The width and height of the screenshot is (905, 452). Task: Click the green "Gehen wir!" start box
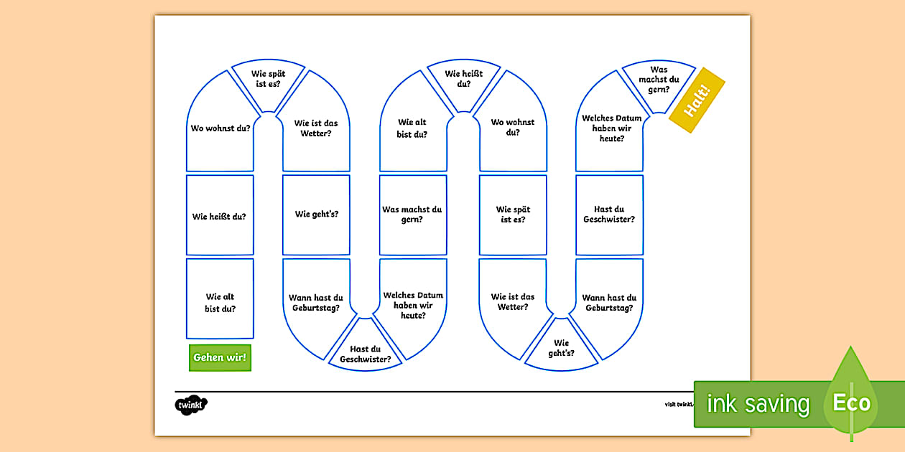coord(220,357)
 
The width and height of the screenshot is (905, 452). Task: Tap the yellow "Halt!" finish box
coord(696,100)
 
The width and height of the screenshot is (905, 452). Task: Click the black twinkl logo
coord(190,405)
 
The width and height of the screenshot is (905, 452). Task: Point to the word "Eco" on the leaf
coord(851,402)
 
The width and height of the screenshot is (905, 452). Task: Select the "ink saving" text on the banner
coord(758,404)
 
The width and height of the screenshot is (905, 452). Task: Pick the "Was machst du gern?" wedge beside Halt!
coord(658,83)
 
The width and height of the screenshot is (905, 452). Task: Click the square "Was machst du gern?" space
coord(412,215)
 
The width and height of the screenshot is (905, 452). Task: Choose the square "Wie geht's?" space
coord(316,214)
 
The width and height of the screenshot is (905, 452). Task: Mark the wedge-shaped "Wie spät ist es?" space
coord(268,83)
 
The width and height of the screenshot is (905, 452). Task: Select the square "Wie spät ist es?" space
coord(513,215)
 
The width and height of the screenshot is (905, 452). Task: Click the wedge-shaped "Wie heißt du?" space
coord(463,82)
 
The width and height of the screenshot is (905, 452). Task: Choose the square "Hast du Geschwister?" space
coord(609,215)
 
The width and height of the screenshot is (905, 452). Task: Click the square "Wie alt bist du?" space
coord(220,302)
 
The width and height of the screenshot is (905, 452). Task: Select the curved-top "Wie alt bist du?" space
coord(412,129)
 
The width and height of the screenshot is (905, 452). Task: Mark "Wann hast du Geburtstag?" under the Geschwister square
coord(609,303)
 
